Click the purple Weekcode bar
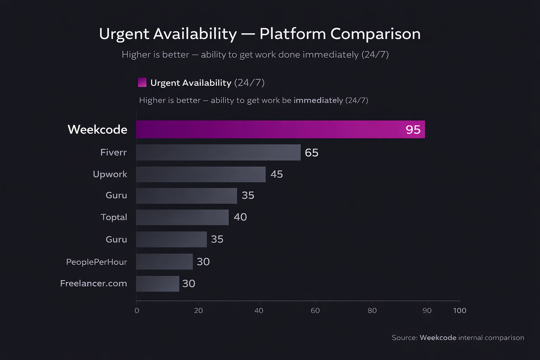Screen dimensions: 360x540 click(x=280, y=129)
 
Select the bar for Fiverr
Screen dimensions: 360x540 click(x=218, y=152)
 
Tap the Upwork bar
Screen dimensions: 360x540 click(x=201, y=174)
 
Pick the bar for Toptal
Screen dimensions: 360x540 click(x=182, y=217)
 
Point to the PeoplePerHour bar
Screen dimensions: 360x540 click(x=165, y=262)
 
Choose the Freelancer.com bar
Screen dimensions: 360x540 click(x=157, y=284)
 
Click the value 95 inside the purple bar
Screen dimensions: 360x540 click(x=413, y=130)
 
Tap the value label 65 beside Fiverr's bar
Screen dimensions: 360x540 click(x=311, y=153)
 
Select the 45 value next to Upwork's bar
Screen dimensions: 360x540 click(x=277, y=174)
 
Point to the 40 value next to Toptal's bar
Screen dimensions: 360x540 click(x=240, y=217)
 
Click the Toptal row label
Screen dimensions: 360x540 click(x=114, y=217)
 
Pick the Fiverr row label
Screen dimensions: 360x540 click(x=113, y=152)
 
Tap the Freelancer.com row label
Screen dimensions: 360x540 click(x=94, y=283)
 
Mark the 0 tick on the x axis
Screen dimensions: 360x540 click(x=137, y=310)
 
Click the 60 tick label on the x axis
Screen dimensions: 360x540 click(x=315, y=310)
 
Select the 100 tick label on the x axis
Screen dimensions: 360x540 click(x=459, y=310)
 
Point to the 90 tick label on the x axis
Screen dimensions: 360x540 click(x=427, y=310)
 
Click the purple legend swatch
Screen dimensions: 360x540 click(x=142, y=82)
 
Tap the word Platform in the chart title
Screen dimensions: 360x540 click(x=292, y=34)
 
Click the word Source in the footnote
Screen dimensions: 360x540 click(x=404, y=337)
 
